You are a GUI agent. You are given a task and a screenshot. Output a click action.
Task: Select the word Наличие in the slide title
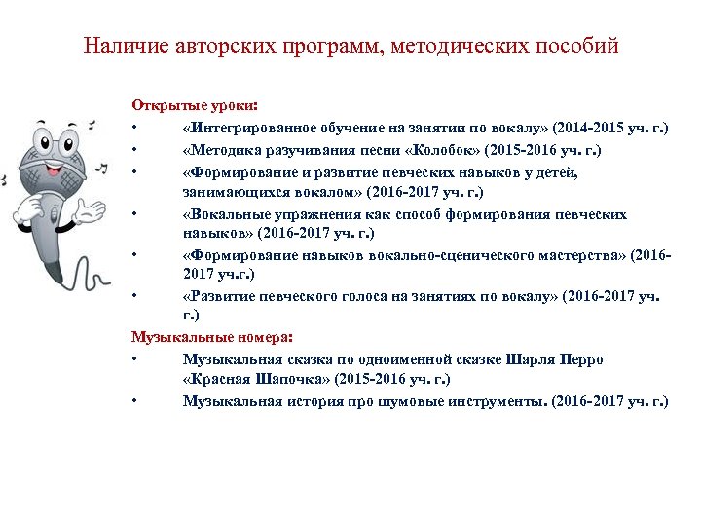[117, 46]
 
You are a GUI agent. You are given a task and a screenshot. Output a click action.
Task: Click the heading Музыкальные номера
[211, 337]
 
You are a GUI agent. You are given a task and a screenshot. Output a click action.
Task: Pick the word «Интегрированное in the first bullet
[243, 128]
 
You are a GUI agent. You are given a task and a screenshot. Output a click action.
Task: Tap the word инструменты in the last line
[494, 401]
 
